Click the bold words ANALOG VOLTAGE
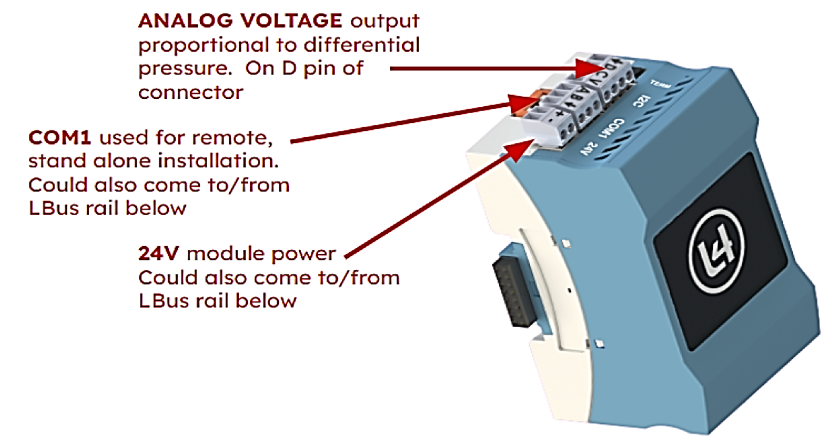240,21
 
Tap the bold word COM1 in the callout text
59,137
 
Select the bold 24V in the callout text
158,253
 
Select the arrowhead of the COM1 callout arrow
521,104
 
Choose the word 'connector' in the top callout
190,92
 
